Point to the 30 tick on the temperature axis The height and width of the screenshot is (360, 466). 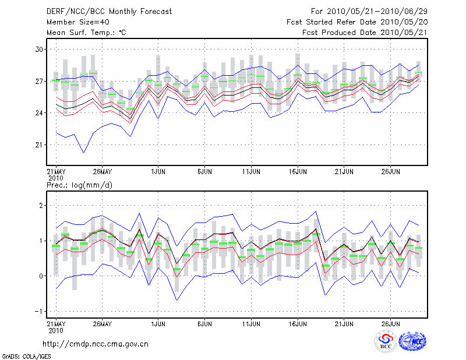click(x=40, y=50)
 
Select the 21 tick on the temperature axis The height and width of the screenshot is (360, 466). click(x=40, y=144)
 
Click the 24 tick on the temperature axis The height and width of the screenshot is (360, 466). click(x=40, y=113)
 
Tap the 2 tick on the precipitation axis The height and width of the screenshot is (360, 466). click(x=41, y=206)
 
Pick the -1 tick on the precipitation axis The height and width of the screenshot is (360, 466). click(x=40, y=311)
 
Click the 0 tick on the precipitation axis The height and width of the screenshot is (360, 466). click(x=41, y=276)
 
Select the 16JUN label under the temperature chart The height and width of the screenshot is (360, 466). click(x=298, y=172)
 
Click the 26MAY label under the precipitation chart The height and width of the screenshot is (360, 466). click(x=102, y=323)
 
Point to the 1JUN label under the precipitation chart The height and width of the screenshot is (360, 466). click(x=157, y=323)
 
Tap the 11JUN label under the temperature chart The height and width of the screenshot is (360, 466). click(x=251, y=172)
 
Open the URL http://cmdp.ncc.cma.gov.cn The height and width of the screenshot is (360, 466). click(x=96, y=344)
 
